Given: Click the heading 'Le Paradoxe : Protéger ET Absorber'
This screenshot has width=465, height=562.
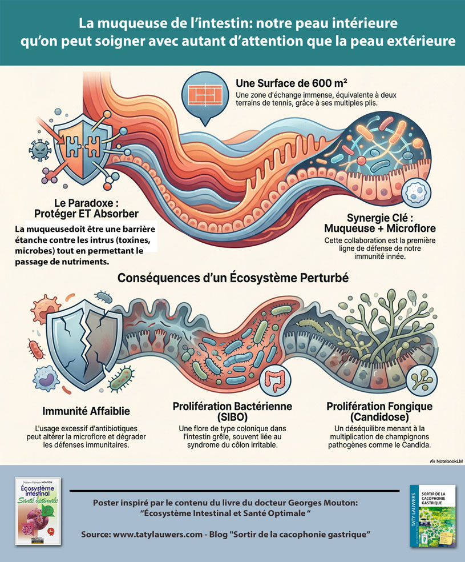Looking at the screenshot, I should click(88, 208).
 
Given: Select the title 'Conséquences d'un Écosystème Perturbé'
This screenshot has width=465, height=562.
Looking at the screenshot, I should click(233, 279).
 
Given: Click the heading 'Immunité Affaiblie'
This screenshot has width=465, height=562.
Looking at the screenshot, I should click(86, 411).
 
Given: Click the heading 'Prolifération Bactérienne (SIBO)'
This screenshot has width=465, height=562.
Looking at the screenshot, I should click(232, 412).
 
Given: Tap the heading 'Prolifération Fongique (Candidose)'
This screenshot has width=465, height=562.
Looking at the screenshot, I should click(379, 412).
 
